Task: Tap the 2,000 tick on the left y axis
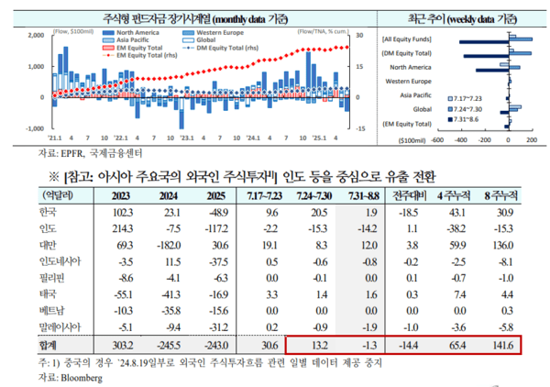point(37,36)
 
